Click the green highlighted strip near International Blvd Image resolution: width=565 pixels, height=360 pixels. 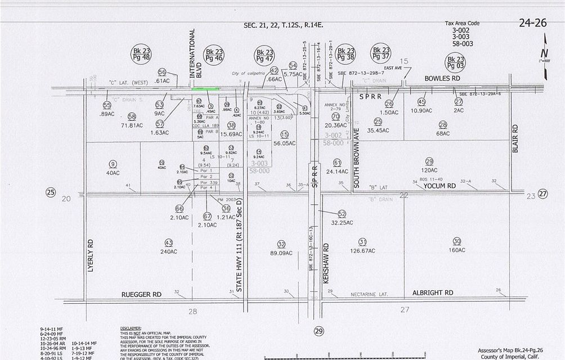205,89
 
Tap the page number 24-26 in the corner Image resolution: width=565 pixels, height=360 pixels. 532,23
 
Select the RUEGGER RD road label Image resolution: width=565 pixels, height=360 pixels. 141,294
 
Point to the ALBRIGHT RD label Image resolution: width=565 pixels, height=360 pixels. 433,293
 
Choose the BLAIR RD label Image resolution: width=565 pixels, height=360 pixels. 515,138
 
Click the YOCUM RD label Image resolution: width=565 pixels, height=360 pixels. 440,186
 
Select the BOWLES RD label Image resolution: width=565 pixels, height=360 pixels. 442,79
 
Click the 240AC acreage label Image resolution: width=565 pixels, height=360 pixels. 168,251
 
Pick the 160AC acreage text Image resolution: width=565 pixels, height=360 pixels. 457,250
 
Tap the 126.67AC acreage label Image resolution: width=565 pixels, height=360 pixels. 362,251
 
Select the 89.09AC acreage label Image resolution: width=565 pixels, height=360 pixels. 281,253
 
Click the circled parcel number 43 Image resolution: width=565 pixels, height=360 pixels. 168,242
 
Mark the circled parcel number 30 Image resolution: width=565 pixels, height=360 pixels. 456,240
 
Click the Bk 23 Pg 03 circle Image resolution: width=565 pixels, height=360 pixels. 455,62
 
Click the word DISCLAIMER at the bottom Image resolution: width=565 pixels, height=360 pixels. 131,328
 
